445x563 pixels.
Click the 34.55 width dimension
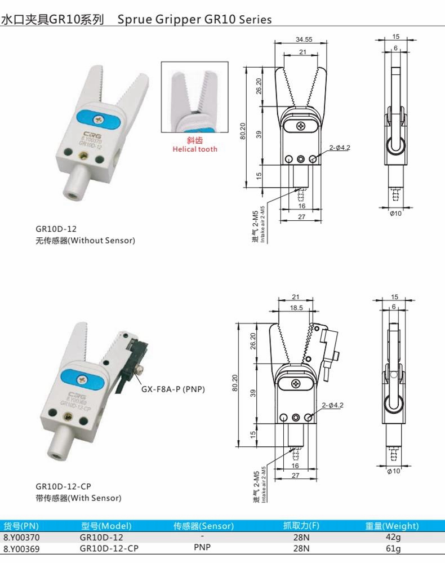[x=304, y=39]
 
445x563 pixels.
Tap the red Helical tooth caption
[x=195, y=149]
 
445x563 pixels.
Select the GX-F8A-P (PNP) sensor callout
[x=173, y=389]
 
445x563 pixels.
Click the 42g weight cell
[x=393, y=537]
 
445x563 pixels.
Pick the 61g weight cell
[x=393, y=549]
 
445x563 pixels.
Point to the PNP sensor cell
[x=202, y=548]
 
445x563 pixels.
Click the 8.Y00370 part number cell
[x=21, y=538]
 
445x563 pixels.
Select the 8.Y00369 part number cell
[x=21, y=549]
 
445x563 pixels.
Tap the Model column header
[x=106, y=526]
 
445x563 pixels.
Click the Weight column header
[x=392, y=526]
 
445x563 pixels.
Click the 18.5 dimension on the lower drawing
[x=296, y=308]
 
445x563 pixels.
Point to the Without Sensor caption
[x=85, y=241]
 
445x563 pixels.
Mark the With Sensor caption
[x=78, y=498]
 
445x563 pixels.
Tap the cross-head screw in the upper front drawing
[x=300, y=126]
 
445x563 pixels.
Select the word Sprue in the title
[x=135, y=19]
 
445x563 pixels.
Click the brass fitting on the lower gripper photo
[x=68, y=417]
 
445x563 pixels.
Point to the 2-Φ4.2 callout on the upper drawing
[x=340, y=148]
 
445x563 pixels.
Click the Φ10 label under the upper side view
[x=395, y=213]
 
